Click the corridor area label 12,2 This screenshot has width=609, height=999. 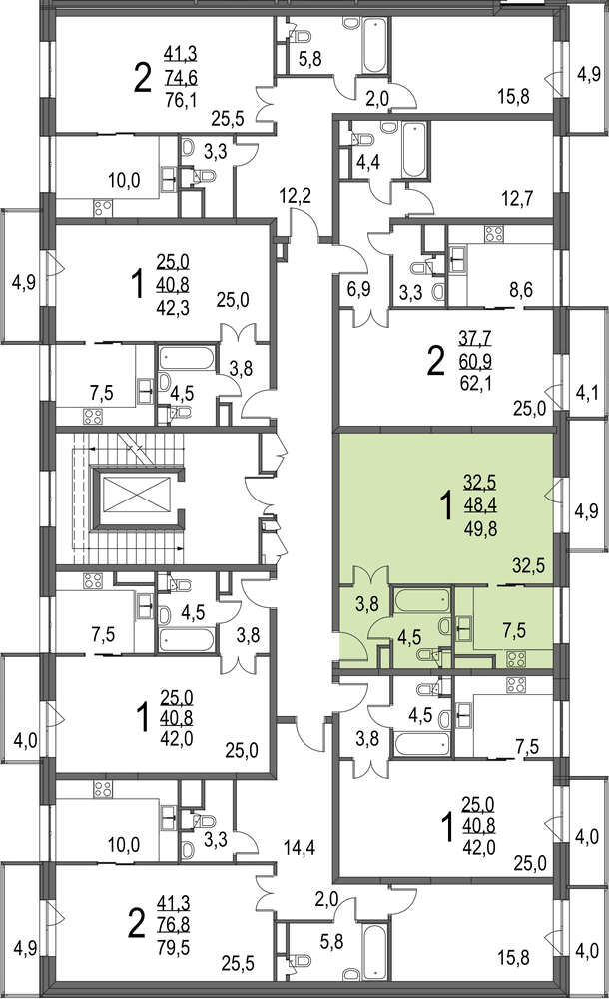[x=295, y=196]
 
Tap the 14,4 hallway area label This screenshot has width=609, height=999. [x=299, y=849]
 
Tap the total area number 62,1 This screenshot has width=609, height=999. [x=480, y=381]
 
